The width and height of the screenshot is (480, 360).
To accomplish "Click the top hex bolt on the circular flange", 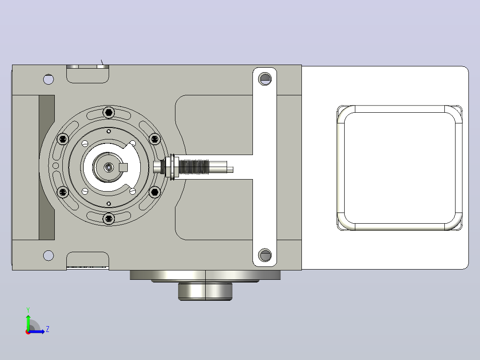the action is click(x=109, y=112).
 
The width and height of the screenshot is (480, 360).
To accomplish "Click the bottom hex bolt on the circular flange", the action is click(x=109, y=219).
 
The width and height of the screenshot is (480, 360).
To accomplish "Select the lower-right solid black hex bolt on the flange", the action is click(x=155, y=192).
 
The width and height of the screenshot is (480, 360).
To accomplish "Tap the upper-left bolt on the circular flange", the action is click(x=63, y=139).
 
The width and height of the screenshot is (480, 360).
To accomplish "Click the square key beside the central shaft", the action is click(x=123, y=168).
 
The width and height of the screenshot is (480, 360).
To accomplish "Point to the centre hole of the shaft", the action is click(x=109, y=167).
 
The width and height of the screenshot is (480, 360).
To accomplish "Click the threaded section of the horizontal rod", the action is click(x=194, y=167).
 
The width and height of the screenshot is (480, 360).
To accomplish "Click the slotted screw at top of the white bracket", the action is click(x=265, y=79).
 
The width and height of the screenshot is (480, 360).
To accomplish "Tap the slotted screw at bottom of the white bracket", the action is click(x=265, y=255).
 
